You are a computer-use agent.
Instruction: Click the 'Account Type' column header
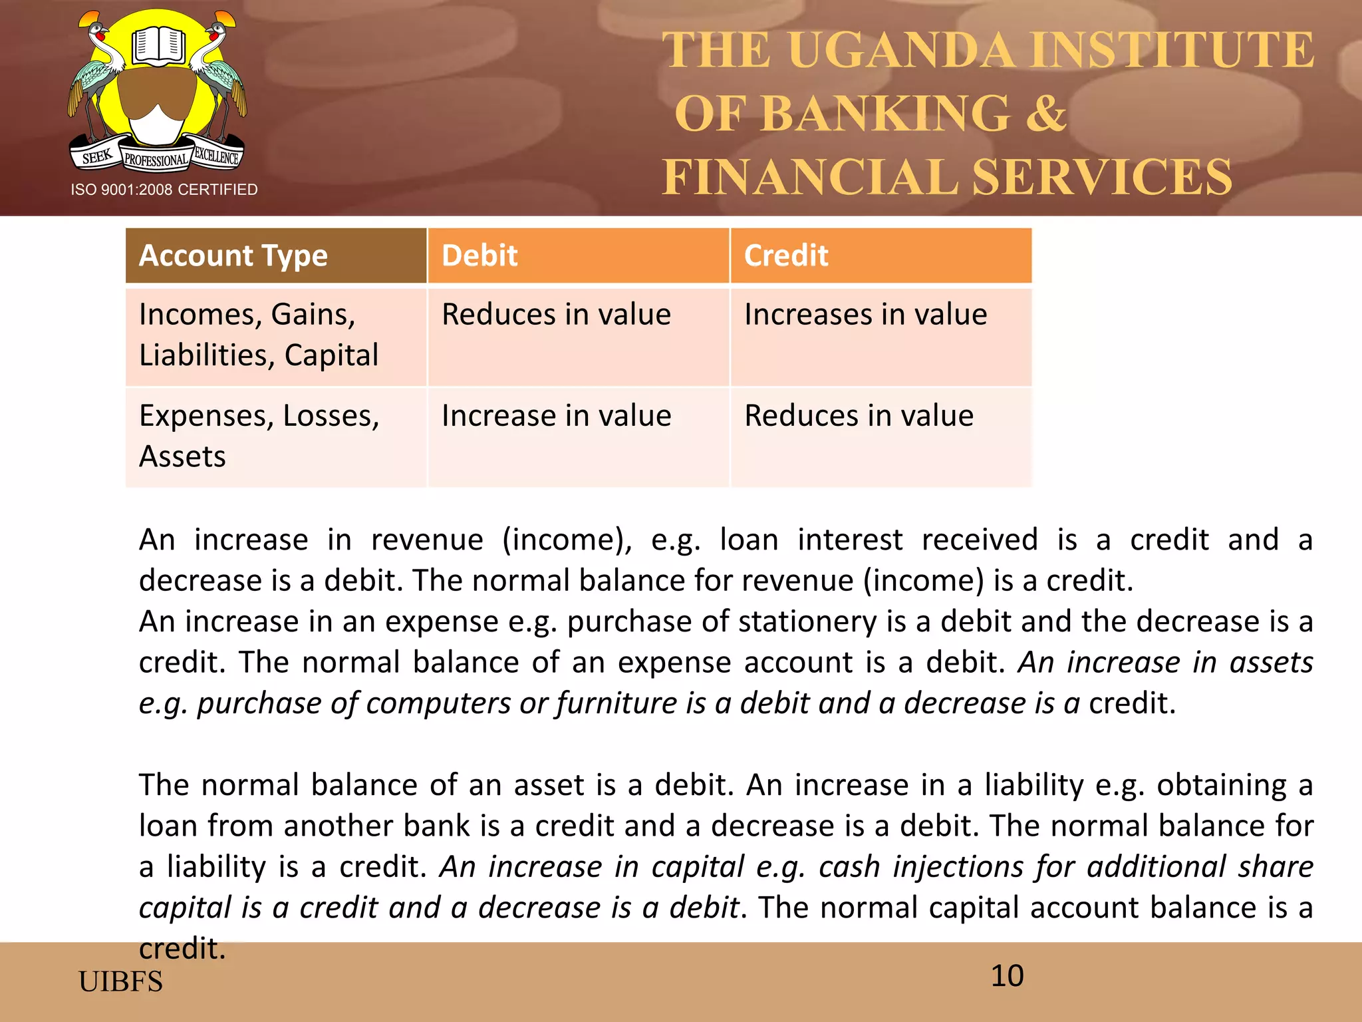tap(233, 256)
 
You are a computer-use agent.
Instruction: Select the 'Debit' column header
tap(479, 256)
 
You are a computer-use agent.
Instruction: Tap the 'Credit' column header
tap(786, 256)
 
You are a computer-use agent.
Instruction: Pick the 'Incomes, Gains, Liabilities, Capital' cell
tap(259, 335)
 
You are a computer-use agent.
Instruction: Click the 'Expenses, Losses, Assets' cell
tap(259, 436)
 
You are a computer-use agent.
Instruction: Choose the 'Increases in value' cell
tap(865, 315)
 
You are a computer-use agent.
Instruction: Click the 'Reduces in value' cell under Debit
tap(556, 315)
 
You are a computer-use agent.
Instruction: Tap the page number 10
tap(1007, 976)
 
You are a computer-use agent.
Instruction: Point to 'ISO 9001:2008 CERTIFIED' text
tap(164, 190)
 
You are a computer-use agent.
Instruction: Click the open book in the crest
tap(158, 46)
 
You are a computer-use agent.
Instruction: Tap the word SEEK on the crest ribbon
tap(97, 157)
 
